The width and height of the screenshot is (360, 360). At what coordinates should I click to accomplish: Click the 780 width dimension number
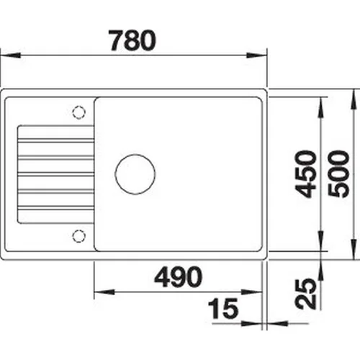132,40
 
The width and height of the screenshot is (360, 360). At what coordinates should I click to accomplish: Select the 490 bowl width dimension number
179,277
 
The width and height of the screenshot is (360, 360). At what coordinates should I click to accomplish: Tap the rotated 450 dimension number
305,174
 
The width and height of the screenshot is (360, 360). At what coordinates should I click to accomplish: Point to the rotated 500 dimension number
338,174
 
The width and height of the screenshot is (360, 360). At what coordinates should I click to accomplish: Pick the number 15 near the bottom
223,309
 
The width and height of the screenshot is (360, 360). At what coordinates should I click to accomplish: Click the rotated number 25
305,294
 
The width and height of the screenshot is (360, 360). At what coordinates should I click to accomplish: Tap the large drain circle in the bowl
135,154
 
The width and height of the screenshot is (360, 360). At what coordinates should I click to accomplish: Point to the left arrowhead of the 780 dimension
10,55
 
